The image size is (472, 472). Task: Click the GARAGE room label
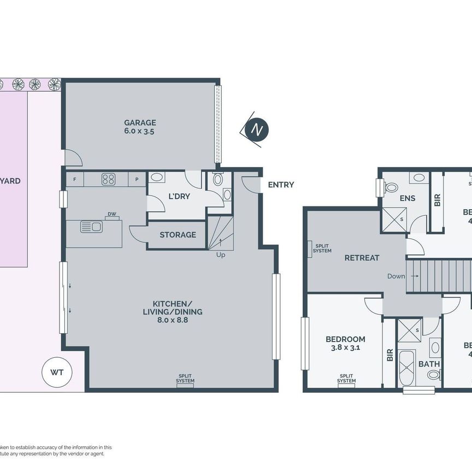139,122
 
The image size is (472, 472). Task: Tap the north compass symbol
256,129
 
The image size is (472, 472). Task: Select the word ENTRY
281,185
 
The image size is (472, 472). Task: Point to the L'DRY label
179,196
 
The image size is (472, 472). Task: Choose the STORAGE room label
178,235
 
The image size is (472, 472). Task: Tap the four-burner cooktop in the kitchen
108,179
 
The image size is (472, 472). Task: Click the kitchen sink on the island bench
91,226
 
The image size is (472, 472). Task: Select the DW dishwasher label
111,214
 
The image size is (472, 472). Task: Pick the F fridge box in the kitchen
75,179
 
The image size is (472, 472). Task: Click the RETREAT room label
361,257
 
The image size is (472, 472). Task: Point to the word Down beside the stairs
396,276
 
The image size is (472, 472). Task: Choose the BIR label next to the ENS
437,200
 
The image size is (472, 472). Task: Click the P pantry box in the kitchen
137,179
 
